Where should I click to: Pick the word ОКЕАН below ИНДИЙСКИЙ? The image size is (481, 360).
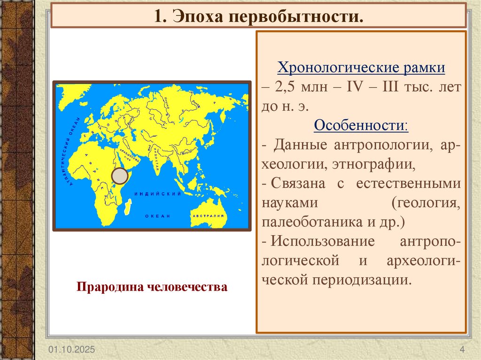tap(156, 216)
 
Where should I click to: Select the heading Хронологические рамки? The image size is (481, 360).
tap(361, 68)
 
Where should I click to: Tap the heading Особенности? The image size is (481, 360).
tap(361, 126)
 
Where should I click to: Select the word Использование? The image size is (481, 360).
tap(322, 241)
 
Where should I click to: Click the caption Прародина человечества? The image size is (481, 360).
tap(152, 286)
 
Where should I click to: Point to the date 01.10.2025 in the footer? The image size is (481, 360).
tap(70, 350)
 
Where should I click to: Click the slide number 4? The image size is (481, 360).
tap(462, 350)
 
